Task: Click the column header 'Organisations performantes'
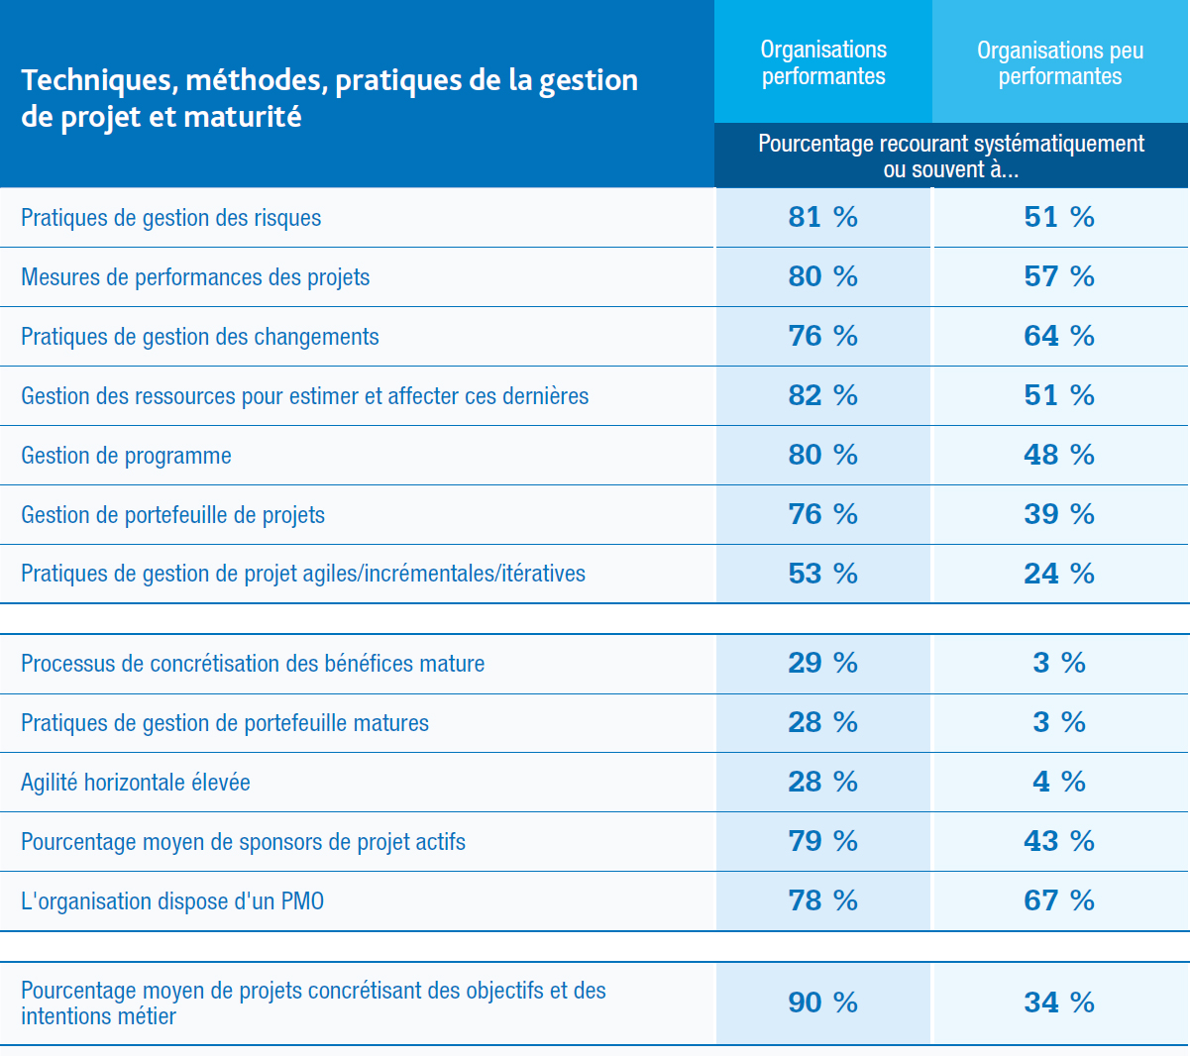(823, 63)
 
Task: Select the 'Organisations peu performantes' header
(1060, 63)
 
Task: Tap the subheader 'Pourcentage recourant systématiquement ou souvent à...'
(951, 157)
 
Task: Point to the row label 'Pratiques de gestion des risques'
(171, 218)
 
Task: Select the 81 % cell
(822, 217)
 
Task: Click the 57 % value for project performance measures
(1059, 276)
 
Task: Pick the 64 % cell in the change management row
(1059, 336)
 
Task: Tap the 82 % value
(822, 395)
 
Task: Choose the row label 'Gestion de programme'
(127, 456)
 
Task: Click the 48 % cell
(1059, 455)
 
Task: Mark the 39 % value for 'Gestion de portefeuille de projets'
(1059, 514)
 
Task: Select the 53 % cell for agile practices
(822, 574)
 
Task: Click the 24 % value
(1059, 574)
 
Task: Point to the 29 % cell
(822, 663)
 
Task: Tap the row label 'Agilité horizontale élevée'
(136, 783)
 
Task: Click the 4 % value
(1059, 782)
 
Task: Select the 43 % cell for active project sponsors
(1059, 841)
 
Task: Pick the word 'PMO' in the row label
(302, 901)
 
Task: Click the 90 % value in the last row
(822, 1003)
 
